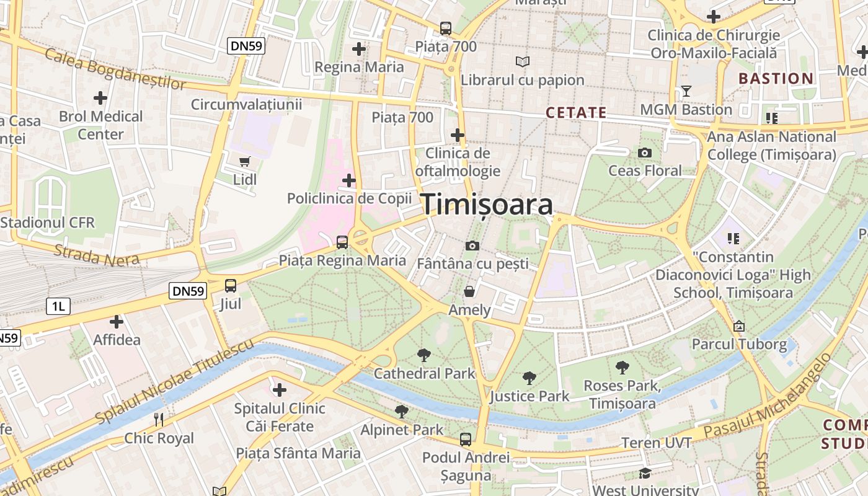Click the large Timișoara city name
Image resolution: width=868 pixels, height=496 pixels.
coord(487,205)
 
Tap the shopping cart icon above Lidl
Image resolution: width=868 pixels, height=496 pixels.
coord(245,162)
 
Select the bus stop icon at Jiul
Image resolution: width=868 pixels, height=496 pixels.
coord(231,286)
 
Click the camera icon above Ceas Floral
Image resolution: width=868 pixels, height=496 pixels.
coord(645,153)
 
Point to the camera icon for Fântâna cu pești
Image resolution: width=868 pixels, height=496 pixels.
coord(472,246)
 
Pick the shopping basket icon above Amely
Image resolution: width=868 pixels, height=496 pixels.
coord(470,291)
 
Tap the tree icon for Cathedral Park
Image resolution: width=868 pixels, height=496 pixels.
coord(424,355)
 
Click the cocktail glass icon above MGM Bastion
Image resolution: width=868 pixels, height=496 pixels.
coord(686,92)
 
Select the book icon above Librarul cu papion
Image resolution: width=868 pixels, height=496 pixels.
coord(523,62)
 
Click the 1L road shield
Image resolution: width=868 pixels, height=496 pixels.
coord(58,306)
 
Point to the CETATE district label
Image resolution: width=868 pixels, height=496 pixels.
coord(576,112)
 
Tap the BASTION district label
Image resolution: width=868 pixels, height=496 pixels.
coord(776,79)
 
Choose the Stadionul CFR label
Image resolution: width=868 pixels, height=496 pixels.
coord(48,222)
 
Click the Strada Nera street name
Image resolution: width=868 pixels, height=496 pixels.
coord(96,255)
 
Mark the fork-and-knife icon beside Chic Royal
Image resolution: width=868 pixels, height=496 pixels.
coord(159,420)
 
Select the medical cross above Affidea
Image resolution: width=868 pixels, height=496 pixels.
coord(117,322)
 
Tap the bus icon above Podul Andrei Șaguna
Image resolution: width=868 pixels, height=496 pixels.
coord(466,440)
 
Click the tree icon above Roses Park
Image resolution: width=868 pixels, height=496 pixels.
coord(622,368)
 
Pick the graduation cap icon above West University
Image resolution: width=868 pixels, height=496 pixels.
coord(645,474)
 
